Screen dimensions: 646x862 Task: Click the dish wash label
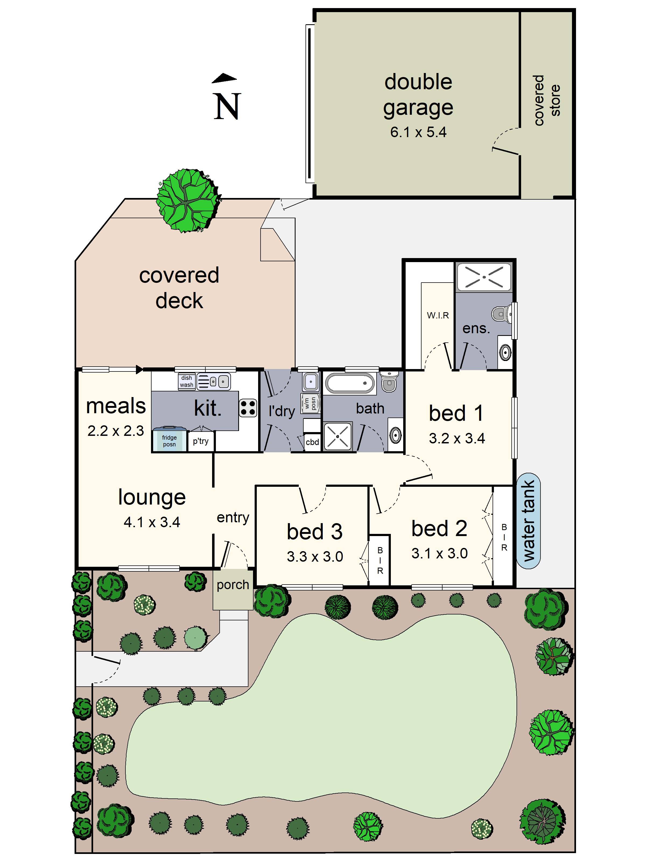[x=187, y=381]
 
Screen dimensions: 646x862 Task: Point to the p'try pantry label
[x=201, y=441]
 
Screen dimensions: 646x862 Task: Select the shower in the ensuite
[x=484, y=277]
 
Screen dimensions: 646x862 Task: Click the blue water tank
[x=528, y=521]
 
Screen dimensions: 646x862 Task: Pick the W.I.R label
[x=438, y=315]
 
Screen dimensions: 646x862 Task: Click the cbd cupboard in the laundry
[x=312, y=442]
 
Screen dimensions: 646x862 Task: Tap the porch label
[x=233, y=585]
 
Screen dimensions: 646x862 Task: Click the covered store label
[x=547, y=100]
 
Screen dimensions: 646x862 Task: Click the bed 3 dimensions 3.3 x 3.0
[x=315, y=557]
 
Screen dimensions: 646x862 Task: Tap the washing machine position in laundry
[x=311, y=403]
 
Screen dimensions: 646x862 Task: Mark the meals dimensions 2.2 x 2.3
[x=116, y=431]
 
